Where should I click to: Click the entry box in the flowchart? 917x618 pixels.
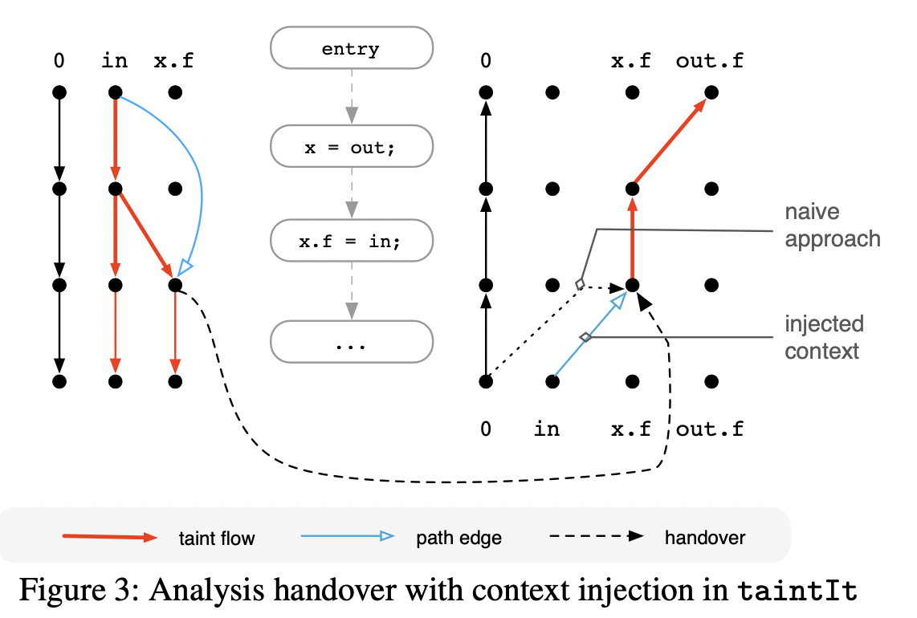(351, 49)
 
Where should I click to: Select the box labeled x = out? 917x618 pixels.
(351, 146)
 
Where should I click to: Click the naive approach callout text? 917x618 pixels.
(832, 226)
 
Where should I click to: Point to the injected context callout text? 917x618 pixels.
(824, 338)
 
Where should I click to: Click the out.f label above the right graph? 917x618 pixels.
(709, 61)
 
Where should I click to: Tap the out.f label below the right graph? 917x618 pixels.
(709, 429)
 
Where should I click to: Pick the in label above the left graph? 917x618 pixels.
(116, 61)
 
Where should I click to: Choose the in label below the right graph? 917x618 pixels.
(547, 429)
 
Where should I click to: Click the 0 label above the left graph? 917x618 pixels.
(59, 61)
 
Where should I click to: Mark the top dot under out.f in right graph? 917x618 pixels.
(710, 92)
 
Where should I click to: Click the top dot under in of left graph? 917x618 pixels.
(116, 92)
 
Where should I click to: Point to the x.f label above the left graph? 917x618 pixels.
(173, 61)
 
